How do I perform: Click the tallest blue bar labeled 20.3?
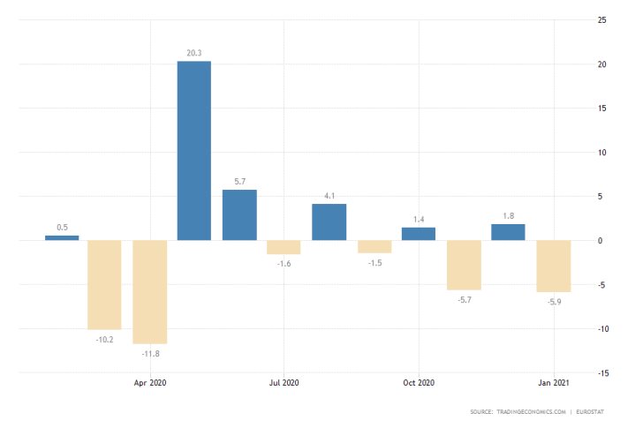click(194, 150)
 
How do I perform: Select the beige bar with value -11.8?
click(149, 291)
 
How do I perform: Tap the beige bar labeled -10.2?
click(104, 284)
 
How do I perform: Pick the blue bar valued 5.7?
click(239, 214)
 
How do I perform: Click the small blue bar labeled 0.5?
click(62, 237)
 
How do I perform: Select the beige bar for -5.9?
click(553, 266)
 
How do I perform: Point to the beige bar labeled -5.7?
click(464, 265)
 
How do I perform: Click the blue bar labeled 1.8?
click(508, 232)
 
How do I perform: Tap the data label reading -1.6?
click(284, 262)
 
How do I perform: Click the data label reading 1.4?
click(419, 218)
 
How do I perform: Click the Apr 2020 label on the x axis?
click(150, 383)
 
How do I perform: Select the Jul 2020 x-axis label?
click(284, 383)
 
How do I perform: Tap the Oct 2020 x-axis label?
click(419, 383)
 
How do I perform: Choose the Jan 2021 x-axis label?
click(553, 383)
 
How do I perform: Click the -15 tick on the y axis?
click(601, 373)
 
